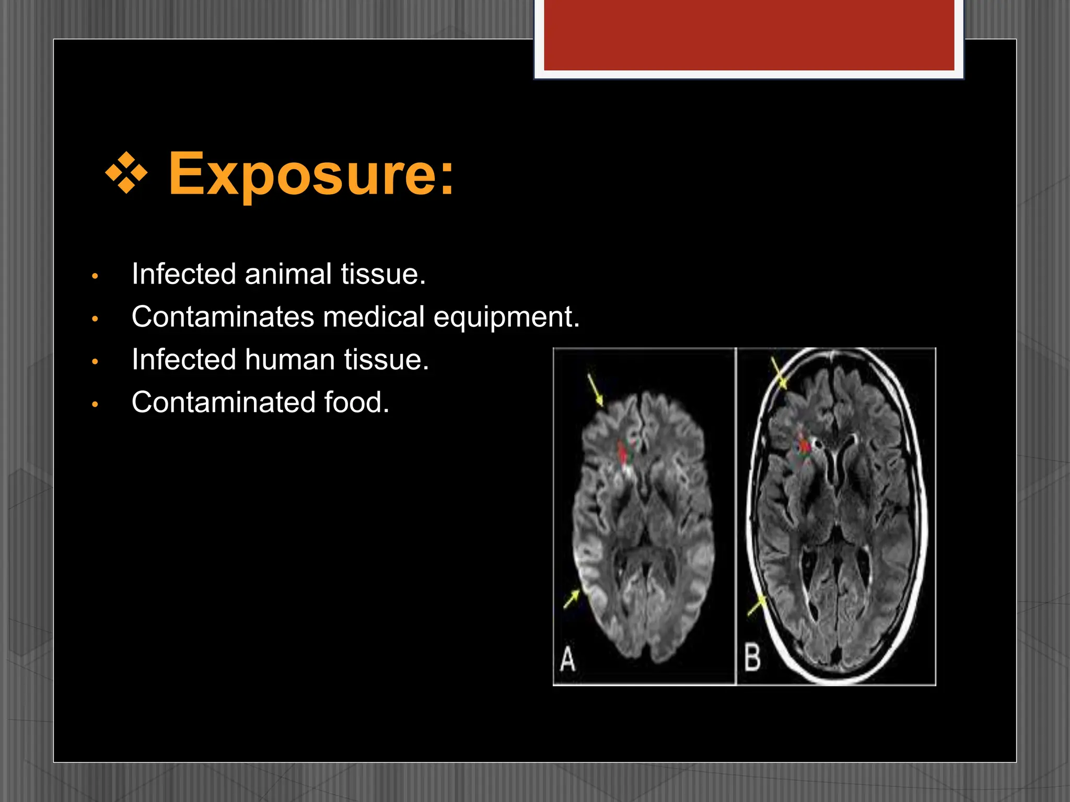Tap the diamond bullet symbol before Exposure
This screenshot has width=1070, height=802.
point(126,173)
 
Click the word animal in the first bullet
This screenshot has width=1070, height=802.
point(288,274)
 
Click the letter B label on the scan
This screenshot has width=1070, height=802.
point(752,658)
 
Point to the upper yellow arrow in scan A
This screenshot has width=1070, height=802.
point(595,390)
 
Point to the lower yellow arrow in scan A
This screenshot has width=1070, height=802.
point(571,599)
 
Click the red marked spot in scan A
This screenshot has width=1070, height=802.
point(623,453)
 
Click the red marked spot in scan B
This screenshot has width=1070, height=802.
point(804,445)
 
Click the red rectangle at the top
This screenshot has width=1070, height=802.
point(749,34)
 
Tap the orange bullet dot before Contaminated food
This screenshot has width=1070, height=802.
point(95,404)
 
